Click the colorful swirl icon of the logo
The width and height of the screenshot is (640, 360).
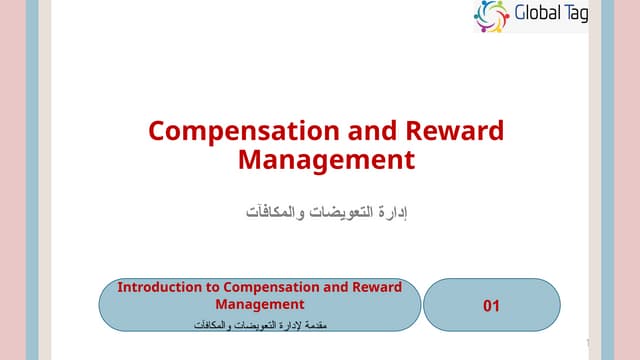[x=492, y=15]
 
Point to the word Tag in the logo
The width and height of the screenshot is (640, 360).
[x=575, y=15]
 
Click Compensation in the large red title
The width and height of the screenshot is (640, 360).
[x=250, y=131]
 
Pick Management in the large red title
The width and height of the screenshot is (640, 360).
[x=326, y=159]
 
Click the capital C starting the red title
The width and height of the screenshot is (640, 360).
[x=157, y=131]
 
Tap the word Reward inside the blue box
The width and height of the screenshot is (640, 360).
[x=378, y=287]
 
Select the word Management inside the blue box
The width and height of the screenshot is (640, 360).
[x=260, y=303]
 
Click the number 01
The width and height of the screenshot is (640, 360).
[x=491, y=306]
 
